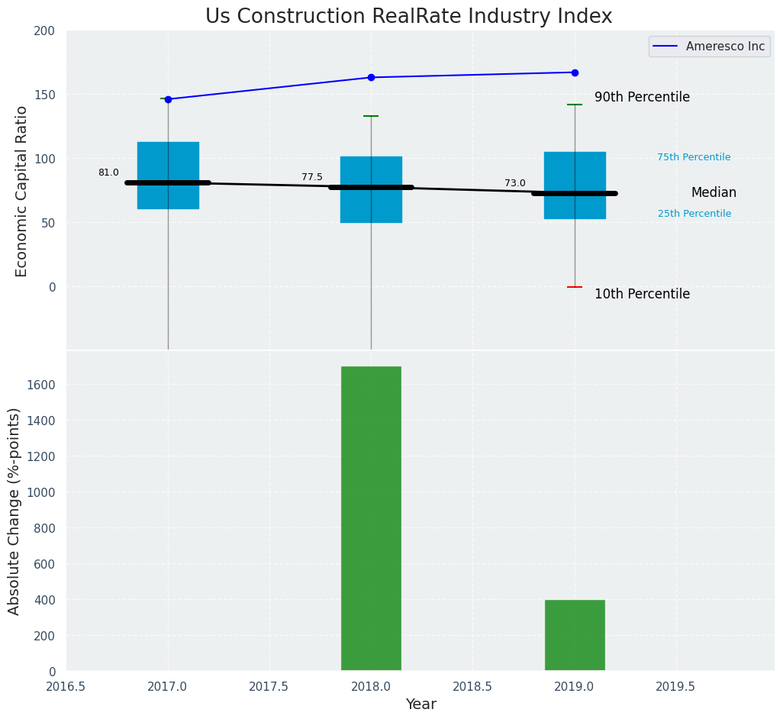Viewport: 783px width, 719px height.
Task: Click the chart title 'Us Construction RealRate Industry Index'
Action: pyautogui.click(x=408, y=17)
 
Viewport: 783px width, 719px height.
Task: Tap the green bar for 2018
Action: pyautogui.click(x=371, y=518)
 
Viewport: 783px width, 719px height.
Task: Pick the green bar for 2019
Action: pyautogui.click(x=575, y=635)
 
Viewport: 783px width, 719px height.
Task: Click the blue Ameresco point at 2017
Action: pyautogui.click(x=168, y=99)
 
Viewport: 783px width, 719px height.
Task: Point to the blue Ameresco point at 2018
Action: pyautogui.click(x=371, y=77)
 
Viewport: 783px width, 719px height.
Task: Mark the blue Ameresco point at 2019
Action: pyautogui.click(x=575, y=73)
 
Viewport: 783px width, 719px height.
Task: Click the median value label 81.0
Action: pyautogui.click(x=108, y=172)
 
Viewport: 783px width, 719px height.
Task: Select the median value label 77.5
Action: pyautogui.click(x=312, y=177)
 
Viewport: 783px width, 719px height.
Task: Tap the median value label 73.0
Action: pyautogui.click(x=515, y=183)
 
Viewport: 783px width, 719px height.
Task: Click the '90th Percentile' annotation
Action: pyautogui.click(x=642, y=98)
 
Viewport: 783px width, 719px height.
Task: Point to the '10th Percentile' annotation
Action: pyautogui.click(x=642, y=294)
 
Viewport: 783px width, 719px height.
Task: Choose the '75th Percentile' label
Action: pyautogui.click(x=694, y=157)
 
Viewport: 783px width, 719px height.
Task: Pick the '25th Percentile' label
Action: pyautogui.click(x=694, y=214)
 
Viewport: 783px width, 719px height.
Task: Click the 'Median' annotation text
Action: pyautogui.click(x=714, y=193)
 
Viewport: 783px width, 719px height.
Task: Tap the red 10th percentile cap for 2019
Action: pyautogui.click(x=575, y=287)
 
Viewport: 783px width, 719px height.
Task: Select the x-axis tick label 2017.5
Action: pyautogui.click(x=269, y=687)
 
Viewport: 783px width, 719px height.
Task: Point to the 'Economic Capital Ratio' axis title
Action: pyautogui.click(x=21, y=191)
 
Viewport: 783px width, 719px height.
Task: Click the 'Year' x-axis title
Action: pyautogui.click(x=420, y=704)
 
